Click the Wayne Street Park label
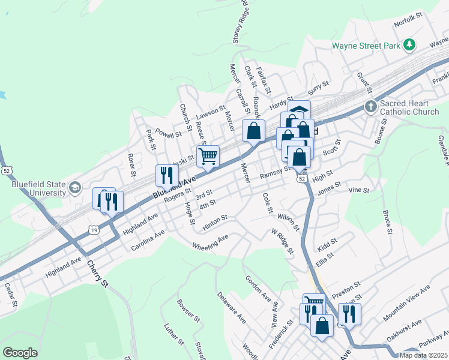coord(366,45)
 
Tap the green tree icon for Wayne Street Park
coord(409,44)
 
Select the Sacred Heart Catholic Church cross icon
coord(371,107)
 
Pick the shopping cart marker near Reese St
coord(208,157)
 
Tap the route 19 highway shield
coord(93,229)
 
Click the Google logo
coord(20,353)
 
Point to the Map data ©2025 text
coord(423,355)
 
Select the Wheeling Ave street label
coord(210,242)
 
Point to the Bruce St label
coord(387,221)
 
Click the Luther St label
coord(173,335)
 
